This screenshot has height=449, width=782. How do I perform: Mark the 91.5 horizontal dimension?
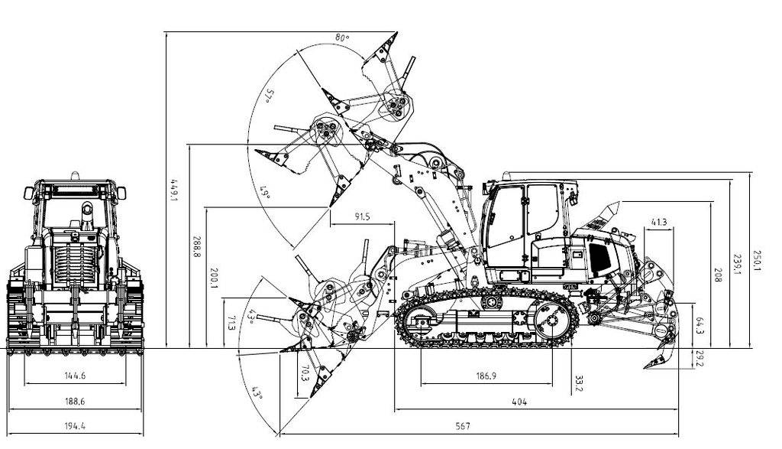point(362,216)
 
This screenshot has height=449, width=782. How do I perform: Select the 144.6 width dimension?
point(76,376)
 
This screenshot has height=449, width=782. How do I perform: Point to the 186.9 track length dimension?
point(486,376)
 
